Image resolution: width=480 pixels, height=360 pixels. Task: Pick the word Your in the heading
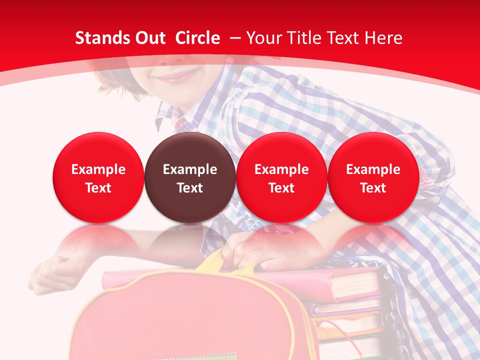[264, 38]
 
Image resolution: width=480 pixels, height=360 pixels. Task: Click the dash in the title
[235, 38]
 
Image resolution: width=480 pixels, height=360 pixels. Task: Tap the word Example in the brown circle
[190, 169]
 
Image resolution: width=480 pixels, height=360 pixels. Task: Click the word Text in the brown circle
[190, 188]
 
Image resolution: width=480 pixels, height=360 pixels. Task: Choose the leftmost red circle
[98, 177]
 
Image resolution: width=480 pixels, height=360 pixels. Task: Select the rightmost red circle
[373, 177]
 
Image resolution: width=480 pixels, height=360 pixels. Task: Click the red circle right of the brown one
[281, 177]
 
